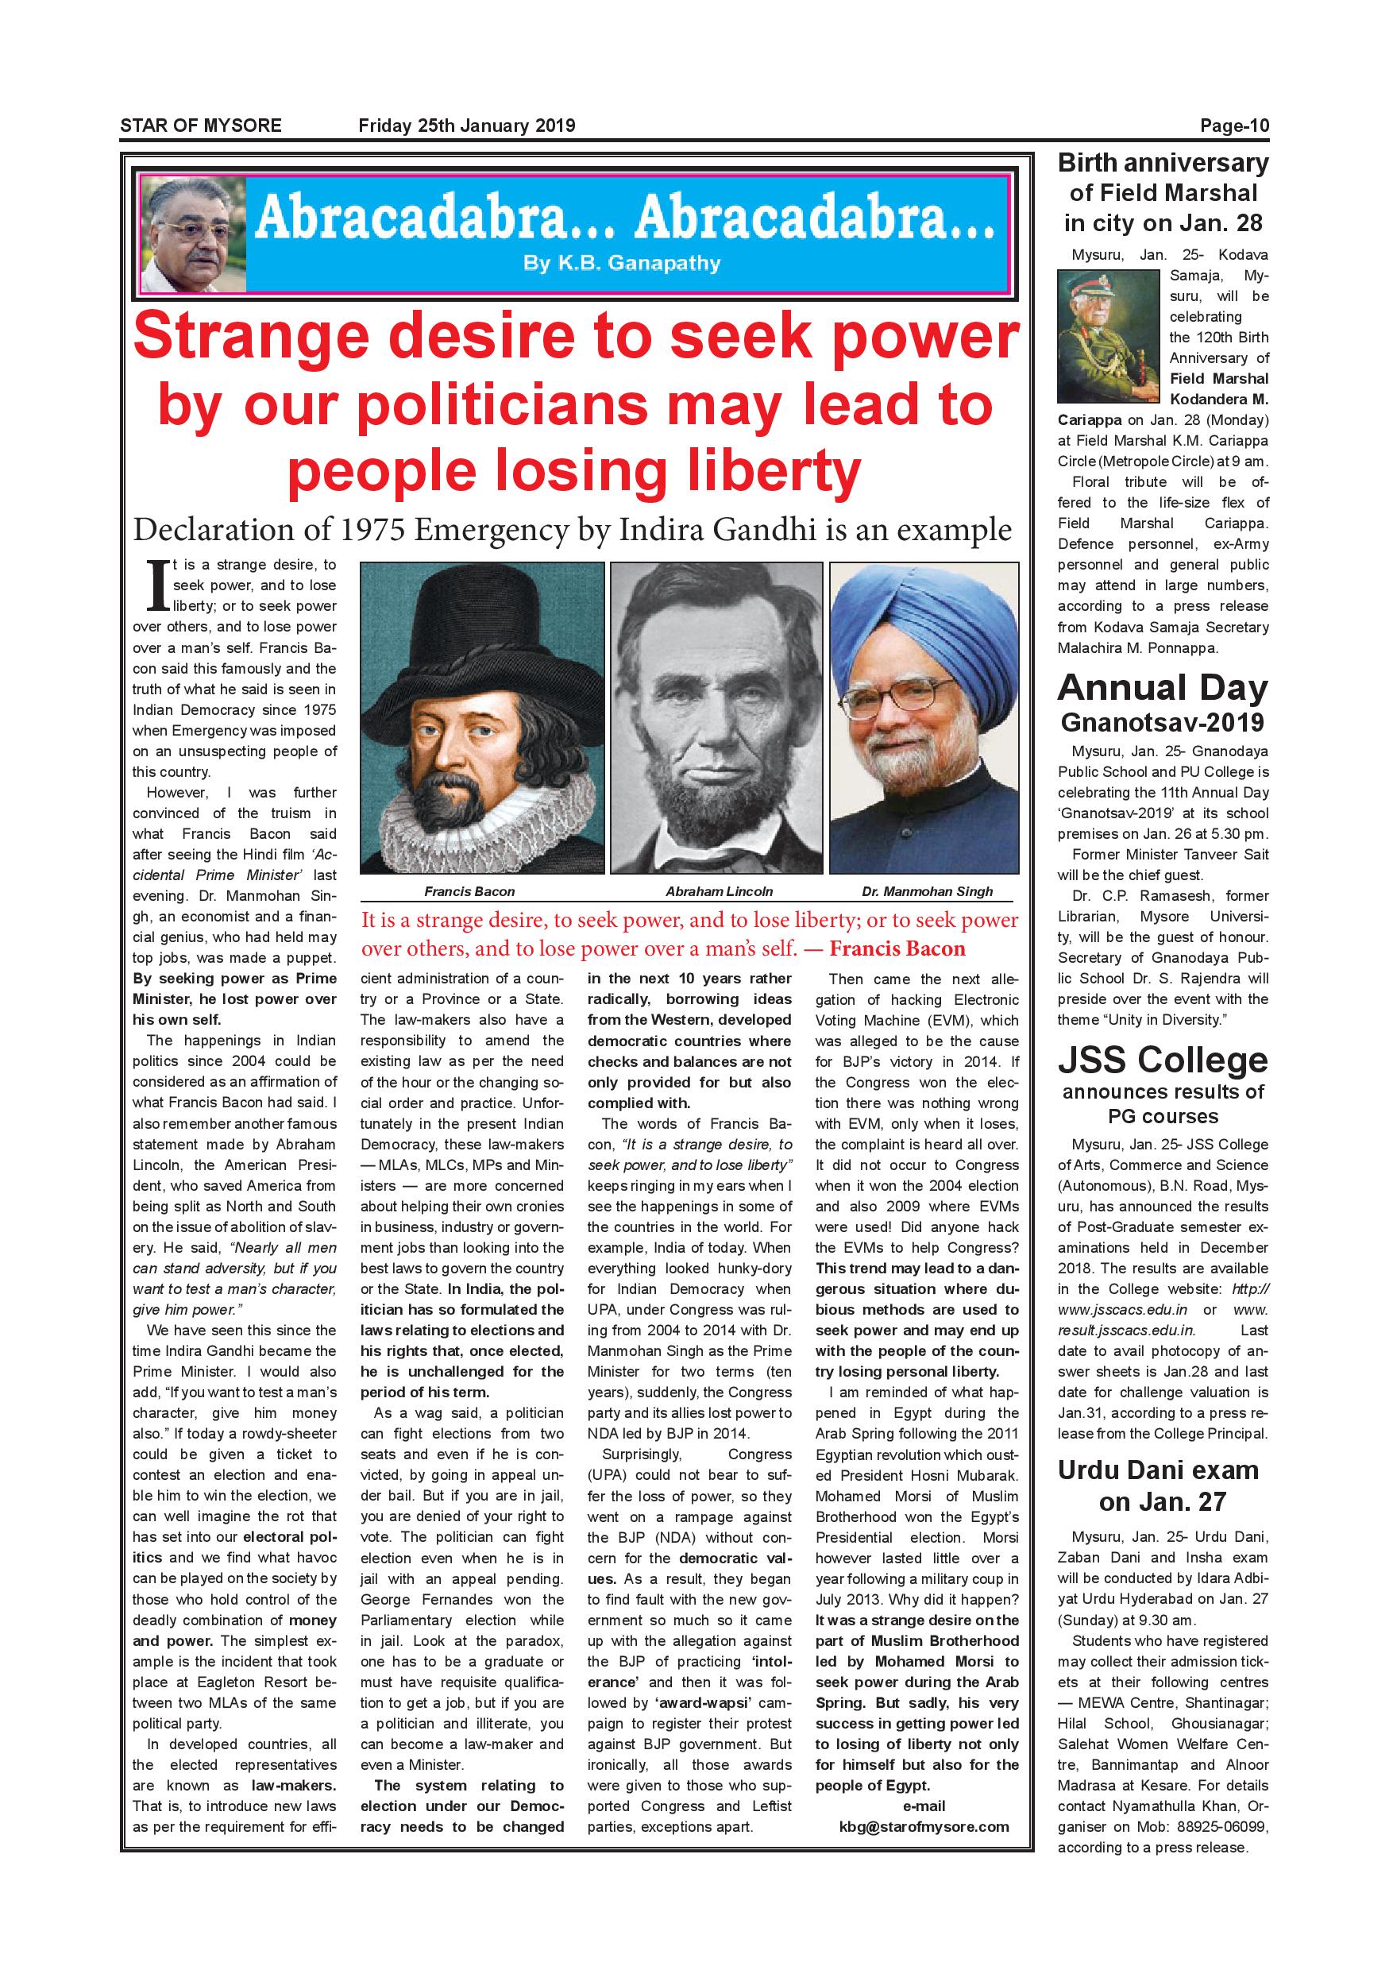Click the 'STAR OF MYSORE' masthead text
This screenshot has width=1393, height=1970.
coord(201,126)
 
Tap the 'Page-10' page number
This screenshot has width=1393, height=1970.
coord(1233,126)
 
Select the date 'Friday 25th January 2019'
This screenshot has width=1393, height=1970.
coord(467,126)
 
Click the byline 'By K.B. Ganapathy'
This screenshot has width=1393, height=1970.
coord(621,264)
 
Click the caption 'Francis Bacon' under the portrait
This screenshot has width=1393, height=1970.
coord(469,891)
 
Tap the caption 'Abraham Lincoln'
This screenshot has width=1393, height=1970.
coord(719,891)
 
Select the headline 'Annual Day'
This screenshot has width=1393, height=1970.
coord(1162,688)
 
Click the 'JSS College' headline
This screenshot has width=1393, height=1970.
coord(1162,1060)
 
